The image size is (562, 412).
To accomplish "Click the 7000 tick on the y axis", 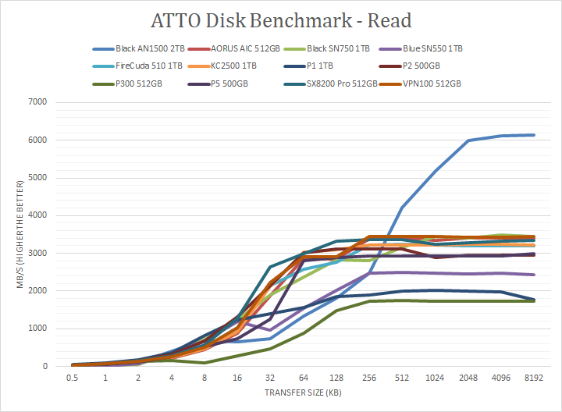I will tap(37, 102).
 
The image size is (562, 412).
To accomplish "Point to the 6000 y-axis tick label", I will tap(37, 140).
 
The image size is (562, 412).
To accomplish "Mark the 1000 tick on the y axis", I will tap(37, 329).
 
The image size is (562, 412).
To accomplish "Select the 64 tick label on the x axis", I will tap(304, 378).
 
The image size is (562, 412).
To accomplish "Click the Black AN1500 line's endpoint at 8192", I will tap(533, 135).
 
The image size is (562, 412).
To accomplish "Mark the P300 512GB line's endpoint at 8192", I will tap(533, 300).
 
